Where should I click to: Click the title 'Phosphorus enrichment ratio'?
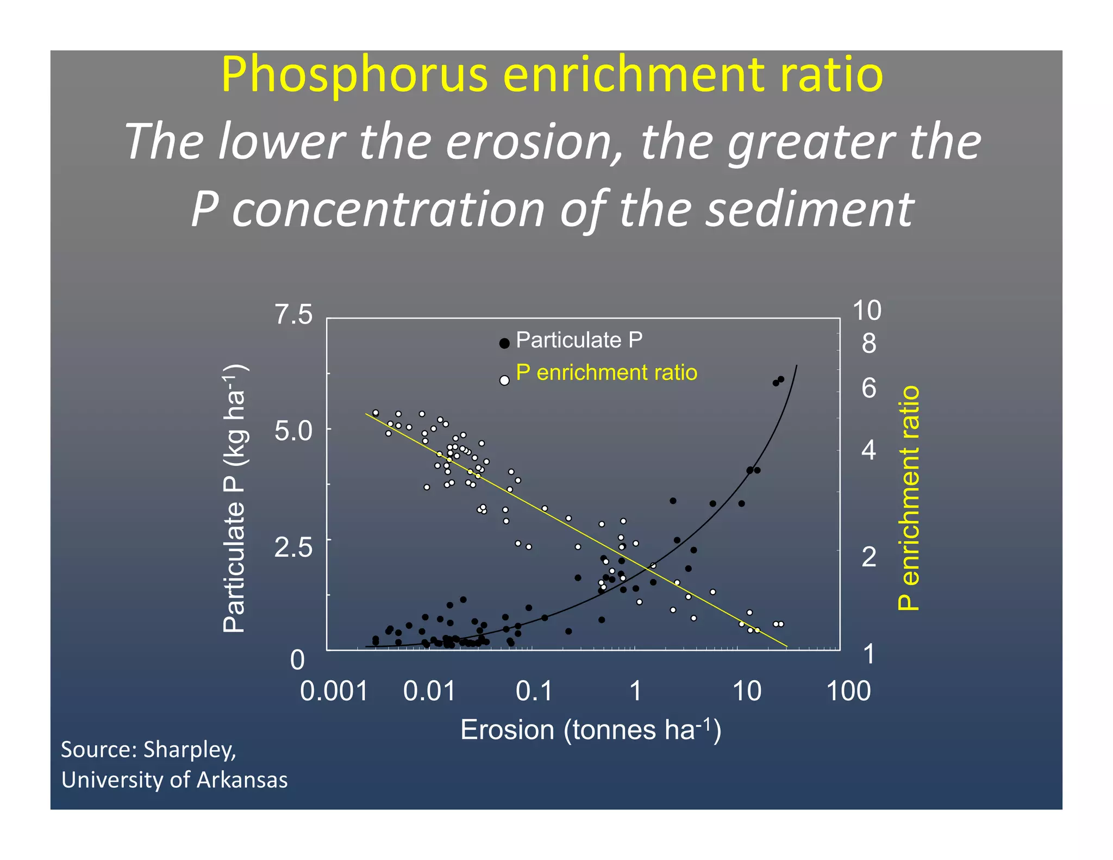(552, 76)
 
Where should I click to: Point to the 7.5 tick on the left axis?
(293, 315)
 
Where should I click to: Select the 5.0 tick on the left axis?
(293, 431)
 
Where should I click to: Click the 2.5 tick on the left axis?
(293, 547)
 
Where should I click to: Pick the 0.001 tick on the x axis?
(334, 691)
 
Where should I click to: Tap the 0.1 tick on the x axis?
(534, 691)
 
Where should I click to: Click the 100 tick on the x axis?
(848, 691)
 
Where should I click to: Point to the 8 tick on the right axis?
(869, 344)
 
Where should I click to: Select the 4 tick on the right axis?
(869, 450)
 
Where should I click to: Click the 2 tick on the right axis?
(869, 557)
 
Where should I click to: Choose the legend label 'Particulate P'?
(579, 340)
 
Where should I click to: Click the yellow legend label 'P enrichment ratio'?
(606, 373)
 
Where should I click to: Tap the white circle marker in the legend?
(504, 381)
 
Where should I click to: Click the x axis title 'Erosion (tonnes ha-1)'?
(591, 730)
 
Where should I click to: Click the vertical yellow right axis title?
(909, 498)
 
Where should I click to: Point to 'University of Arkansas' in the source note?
(174, 780)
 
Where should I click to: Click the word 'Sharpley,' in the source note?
(190, 750)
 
